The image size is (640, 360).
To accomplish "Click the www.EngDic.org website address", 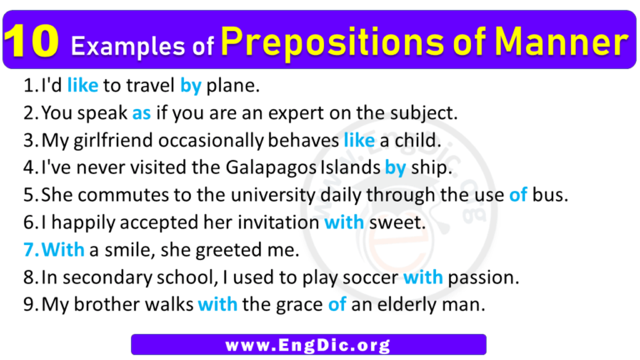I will click(x=307, y=344).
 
